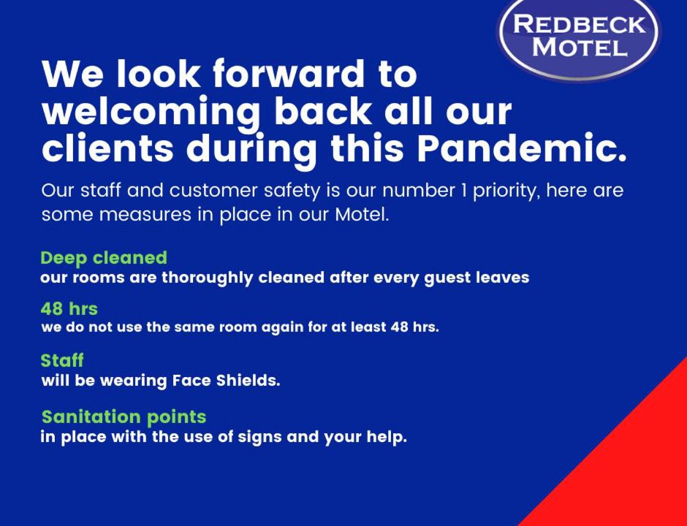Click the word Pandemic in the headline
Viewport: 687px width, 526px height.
[x=522, y=148]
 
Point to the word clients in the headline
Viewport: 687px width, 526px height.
[x=107, y=148]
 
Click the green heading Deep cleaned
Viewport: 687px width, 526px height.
[x=104, y=258]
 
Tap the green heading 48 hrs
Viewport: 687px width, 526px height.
[x=69, y=309]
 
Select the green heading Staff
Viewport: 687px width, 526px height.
[x=62, y=360]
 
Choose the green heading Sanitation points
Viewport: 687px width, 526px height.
[x=124, y=417]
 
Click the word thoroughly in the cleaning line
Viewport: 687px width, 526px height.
[x=208, y=278]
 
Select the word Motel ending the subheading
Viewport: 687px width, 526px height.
[x=363, y=215]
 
